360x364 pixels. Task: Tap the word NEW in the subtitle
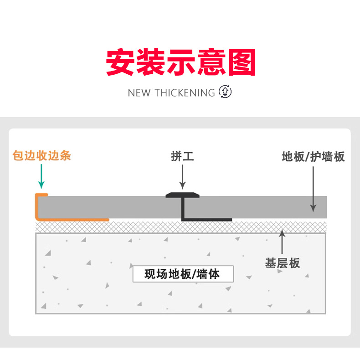point(139,93)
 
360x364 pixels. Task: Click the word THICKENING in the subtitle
point(185,93)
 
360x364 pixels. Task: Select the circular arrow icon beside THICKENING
point(225,92)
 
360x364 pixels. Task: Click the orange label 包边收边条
point(42,156)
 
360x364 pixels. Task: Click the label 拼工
point(182,157)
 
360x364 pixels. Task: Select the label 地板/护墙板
point(313,157)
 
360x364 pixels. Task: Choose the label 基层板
point(283,263)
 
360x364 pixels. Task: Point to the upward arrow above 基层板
point(283,241)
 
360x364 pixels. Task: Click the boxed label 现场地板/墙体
point(182,274)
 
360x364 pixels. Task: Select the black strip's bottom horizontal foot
point(207,220)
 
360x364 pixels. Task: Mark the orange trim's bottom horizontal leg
point(73,220)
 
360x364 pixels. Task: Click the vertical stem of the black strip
point(183,209)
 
